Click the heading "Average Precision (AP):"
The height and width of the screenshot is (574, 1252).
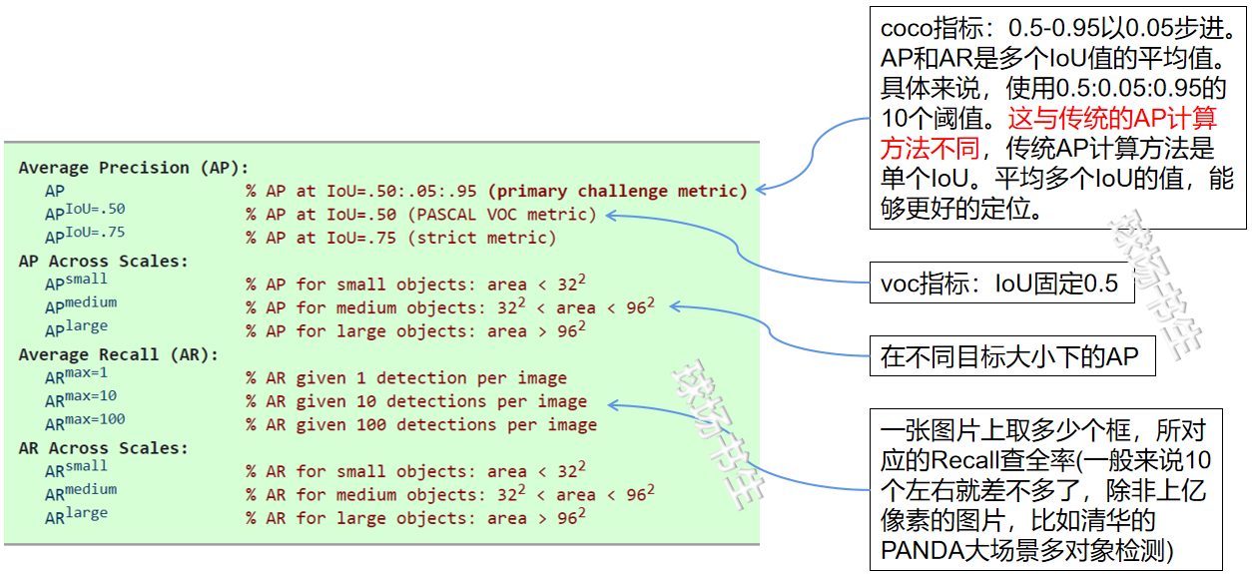pos(133,168)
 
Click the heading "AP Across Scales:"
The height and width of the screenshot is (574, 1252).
pos(103,262)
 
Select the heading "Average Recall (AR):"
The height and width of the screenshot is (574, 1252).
pos(118,354)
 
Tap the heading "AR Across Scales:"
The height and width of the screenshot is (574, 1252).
pos(103,448)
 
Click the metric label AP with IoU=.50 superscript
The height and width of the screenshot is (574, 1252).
pos(85,213)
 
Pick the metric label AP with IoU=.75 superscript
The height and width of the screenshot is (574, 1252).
pos(85,236)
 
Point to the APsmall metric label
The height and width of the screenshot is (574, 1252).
pos(76,283)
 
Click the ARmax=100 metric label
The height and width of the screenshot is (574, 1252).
pos(85,423)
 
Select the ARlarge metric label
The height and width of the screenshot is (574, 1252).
pos(76,516)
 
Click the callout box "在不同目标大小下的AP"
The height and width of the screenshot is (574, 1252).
pos(1011,356)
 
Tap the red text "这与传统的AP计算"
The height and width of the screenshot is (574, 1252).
pos(1111,119)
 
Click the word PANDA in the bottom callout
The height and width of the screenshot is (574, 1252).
pos(921,550)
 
